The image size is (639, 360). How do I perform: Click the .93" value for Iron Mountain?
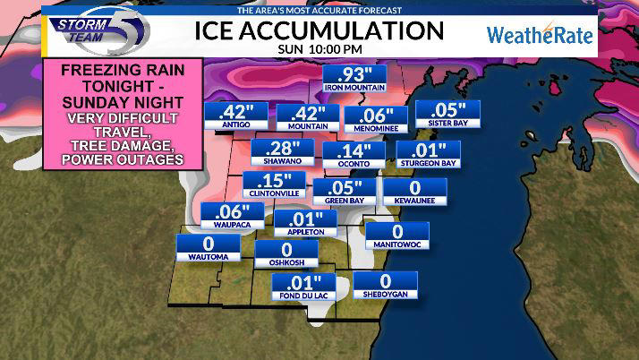[x=354, y=75]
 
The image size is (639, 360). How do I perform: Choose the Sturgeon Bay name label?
[x=428, y=163]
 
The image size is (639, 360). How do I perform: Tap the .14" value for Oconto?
[x=354, y=150]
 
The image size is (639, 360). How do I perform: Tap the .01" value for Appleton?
[x=304, y=219]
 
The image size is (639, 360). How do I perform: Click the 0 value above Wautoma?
[x=208, y=244]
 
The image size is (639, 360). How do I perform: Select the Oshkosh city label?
[x=286, y=261]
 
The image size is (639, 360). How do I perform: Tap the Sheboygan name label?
[x=386, y=296]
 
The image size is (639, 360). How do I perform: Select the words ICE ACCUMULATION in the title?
[x=319, y=30]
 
